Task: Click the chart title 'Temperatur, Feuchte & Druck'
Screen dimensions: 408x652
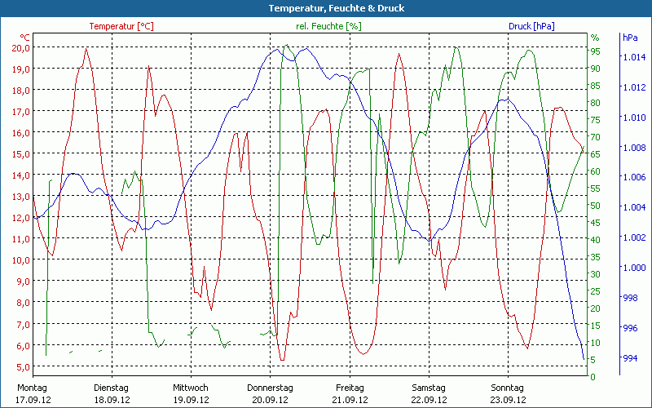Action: (325, 8)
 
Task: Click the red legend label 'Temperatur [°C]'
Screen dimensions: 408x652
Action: (121, 26)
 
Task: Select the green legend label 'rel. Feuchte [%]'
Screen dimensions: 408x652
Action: (329, 26)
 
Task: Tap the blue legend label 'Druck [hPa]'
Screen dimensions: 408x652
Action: (531, 26)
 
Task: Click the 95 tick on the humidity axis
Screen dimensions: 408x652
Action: (596, 51)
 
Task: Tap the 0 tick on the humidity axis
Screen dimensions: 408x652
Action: (593, 376)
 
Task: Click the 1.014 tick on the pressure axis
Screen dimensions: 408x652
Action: (635, 57)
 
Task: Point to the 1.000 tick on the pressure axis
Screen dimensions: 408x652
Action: (635, 268)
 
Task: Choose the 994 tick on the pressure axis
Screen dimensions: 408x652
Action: (632, 357)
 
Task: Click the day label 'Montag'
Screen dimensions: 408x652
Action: (32, 388)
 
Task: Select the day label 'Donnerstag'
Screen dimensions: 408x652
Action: (270, 388)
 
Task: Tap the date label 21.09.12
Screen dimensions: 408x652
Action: (350, 400)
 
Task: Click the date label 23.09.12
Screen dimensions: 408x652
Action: (509, 400)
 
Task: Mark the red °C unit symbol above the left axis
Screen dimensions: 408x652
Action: (25, 38)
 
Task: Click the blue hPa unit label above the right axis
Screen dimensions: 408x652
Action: (629, 38)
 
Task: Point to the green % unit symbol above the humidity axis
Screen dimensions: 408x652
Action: (595, 38)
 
